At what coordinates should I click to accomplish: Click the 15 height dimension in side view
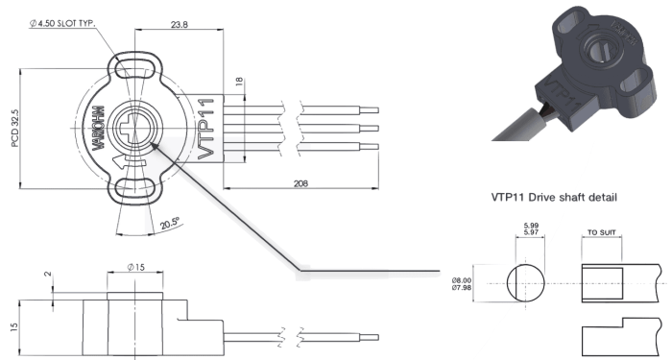coord(14,327)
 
